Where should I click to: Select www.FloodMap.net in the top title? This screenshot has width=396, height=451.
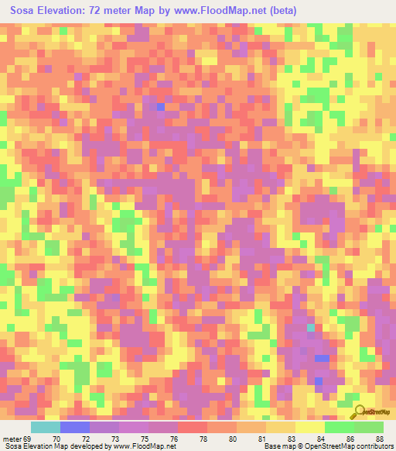click(209, 11)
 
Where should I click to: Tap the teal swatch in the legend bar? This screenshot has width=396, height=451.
click(46, 427)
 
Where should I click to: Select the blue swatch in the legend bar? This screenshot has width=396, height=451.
click(75, 427)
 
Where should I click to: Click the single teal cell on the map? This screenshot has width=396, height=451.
click(311, 329)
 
